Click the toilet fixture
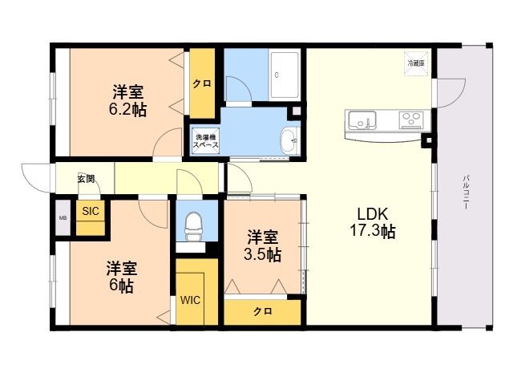[193, 226]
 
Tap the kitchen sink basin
[362, 120]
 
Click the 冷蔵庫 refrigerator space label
[416, 64]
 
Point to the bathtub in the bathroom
[284, 75]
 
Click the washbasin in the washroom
[290, 141]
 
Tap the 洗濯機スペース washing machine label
[205, 141]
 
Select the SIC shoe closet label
[91, 211]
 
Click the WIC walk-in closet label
[190, 300]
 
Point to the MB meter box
[63, 217]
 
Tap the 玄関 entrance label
[87, 179]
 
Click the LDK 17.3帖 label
[373, 223]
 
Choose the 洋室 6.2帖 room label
[127, 100]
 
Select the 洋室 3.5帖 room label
[262, 245]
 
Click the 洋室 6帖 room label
[121, 277]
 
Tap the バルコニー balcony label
[467, 192]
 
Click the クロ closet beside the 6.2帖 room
[202, 83]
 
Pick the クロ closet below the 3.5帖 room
[262, 311]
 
